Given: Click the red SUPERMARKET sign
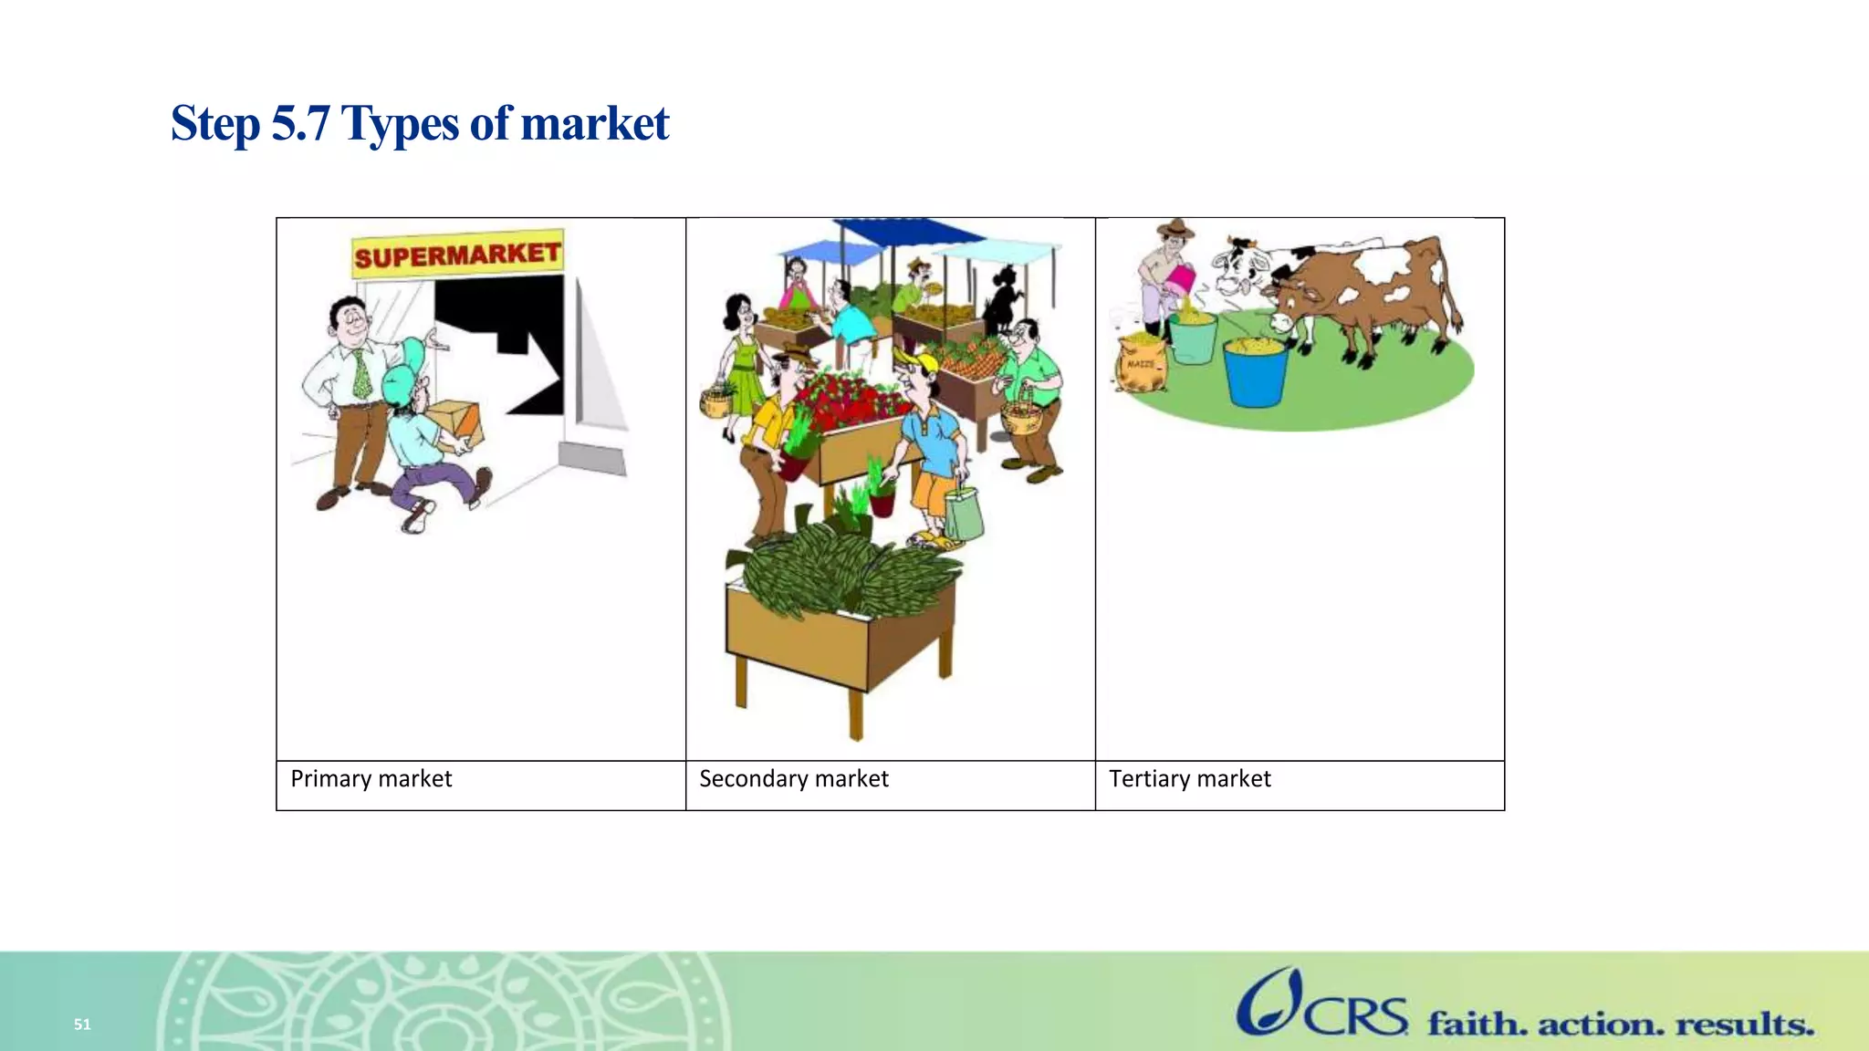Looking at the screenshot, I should click(x=456, y=255).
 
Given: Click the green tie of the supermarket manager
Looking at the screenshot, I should click(x=362, y=374).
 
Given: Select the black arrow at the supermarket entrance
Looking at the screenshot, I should click(x=502, y=347).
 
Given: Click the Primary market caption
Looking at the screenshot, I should click(x=371, y=779).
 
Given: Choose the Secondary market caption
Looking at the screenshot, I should click(x=793, y=779).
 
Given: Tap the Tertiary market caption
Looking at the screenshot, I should click(x=1189, y=779).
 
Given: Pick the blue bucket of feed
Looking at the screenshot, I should click(x=1256, y=370).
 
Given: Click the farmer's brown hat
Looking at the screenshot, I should click(x=1175, y=228).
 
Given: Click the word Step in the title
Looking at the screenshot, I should click(x=214, y=124).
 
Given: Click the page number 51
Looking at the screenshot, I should click(x=82, y=1025).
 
